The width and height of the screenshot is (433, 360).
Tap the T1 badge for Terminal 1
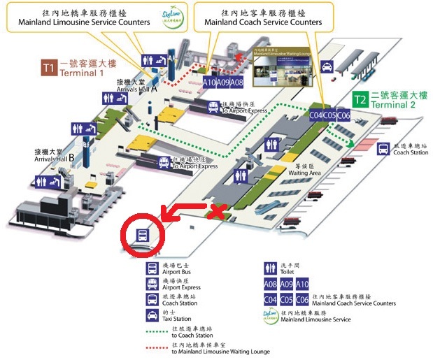click(x=48, y=69)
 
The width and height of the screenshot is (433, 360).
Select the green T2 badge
click(x=360, y=100)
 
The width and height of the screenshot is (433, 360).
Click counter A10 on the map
click(x=209, y=82)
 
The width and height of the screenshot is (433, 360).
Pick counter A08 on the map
click(x=236, y=82)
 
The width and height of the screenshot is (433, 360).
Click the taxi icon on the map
click(x=326, y=66)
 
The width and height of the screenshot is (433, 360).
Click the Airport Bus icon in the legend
click(x=152, y=268)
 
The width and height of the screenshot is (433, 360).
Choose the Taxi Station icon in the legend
click(x=152, y=316)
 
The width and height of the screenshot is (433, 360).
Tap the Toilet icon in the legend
click(x=269, y=268)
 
